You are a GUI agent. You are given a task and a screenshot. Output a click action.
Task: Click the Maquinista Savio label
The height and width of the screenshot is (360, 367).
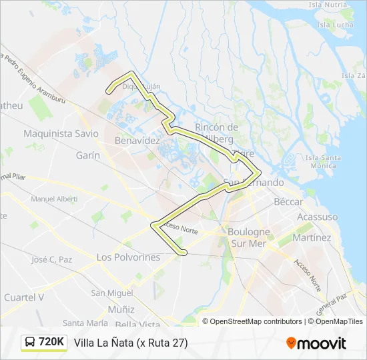pyautogui.click(x=61, y=133)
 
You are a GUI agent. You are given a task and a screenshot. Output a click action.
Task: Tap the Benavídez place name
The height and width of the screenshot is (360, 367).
pyautogui.click(x=137, y=141)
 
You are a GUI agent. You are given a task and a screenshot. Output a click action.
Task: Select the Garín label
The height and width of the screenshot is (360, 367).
pyautogui.click(x=87, y=155)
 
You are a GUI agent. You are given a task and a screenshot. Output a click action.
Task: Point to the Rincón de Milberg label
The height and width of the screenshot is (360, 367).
pyautogui.click(x=216, y=133)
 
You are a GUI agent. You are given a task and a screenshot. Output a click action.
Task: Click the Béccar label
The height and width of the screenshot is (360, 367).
pyautogui.click(x=288, y=201)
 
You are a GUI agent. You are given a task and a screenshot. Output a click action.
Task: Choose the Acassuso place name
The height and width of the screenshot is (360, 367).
pyautogui.click(x=318, y=217)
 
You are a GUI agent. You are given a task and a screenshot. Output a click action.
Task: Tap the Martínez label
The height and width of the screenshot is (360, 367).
pyautogui.click(x=312, y=237)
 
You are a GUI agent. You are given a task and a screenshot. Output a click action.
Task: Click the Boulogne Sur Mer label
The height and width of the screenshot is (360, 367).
pyautogui.click(x=249, y=237)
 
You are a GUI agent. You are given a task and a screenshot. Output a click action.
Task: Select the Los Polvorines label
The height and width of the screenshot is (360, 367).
pyautogui.click(x=128, y=257)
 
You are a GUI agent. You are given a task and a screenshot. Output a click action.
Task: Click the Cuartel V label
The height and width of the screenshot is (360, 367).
pyautogui.click(x=24, y=297)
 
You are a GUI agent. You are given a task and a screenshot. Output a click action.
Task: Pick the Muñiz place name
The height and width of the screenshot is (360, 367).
pyautogui.click(x=121, y=309)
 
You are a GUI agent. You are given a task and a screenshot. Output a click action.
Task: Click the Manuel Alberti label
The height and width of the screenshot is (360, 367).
pyautogui.click(x=54, y=199)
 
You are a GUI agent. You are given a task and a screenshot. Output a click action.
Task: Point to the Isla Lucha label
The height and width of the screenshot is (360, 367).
pyautogui.click(x=336, y=25)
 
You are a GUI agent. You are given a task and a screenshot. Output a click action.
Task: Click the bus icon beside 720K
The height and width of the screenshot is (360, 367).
pyautogui.click(x=30, y=343)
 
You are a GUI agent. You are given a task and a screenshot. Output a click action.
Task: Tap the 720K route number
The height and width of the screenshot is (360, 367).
pyautogui.click(x=51, y=343)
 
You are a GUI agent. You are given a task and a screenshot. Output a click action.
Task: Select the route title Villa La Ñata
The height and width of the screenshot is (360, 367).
pyautogui.click(x=131, y=343)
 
